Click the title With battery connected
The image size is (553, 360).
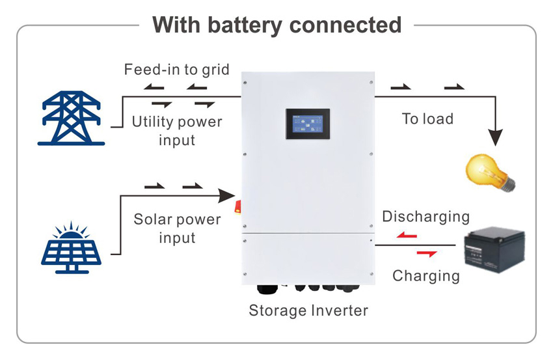coord(276,25)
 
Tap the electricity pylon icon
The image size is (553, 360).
coord(72,118)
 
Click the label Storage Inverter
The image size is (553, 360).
coord(308,311)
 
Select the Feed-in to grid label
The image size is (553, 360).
coord(177,70)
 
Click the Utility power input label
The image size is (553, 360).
coord(177,130)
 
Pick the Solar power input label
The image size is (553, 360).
coord(177,228)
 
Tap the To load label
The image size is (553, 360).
coord(427,118)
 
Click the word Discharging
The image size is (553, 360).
coord(425,216)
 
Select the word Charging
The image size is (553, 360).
coord(425,275)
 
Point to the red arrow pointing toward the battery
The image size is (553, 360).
coord(426,253)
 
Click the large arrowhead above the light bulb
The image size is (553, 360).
coord(496,137)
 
